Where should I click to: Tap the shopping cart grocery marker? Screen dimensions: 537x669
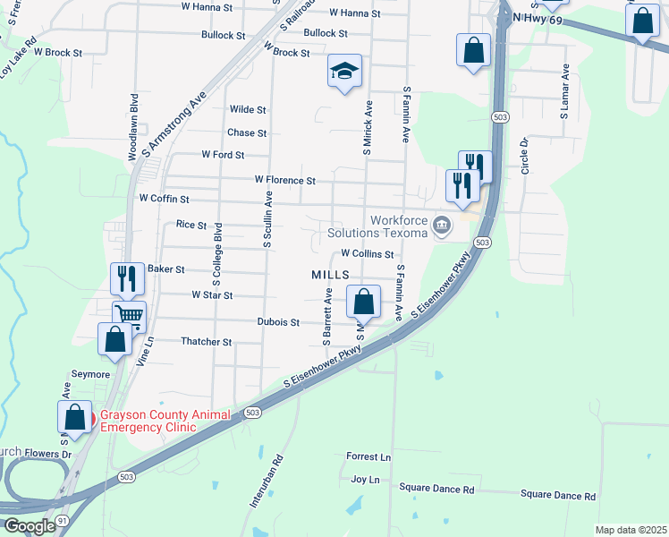(x=130, y=315)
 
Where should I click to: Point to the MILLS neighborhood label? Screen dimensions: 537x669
(x=329, y=275)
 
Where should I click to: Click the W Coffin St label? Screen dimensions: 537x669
(x=164, y=198)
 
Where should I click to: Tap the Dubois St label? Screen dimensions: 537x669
(x=278, y=321)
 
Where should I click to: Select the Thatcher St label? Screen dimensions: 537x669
(x=207, y=342)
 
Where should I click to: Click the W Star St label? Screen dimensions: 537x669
(x=212, y=294)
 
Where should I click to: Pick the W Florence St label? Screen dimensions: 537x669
(x=284, y=180)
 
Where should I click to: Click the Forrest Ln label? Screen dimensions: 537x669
(x=368, y=456)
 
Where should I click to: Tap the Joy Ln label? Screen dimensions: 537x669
(x=365, y=480)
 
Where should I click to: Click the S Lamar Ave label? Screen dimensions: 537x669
(x=564, y=91)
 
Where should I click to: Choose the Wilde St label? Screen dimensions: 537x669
(x=248, y=109)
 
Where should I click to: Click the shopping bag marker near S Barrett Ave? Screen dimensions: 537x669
(x=363, y=303)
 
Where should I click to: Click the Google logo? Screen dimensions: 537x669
(x=30, y=527)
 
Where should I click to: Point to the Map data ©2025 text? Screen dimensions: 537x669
(x=631, y=530)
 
